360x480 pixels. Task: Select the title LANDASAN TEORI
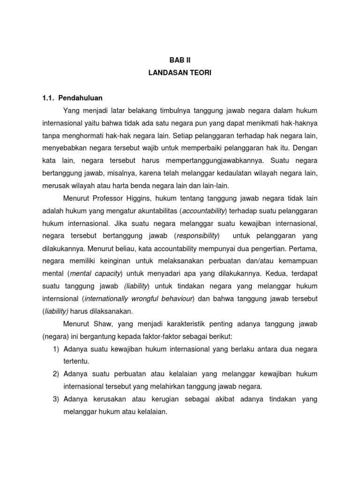(x=180, y=74)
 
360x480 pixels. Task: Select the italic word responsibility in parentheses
(x=197, y=235)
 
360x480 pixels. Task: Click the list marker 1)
(x=56, y=349)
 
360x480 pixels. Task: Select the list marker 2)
(x=56, y=374)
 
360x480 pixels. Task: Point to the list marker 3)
(x=56, y=399)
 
